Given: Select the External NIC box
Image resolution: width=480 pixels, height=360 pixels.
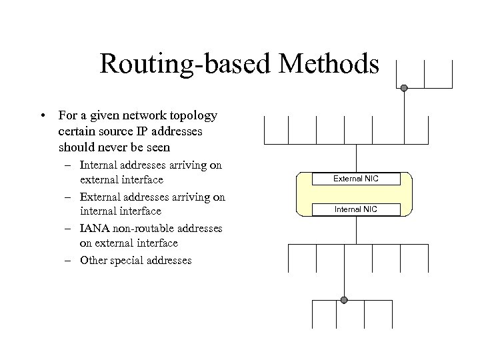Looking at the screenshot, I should (357, 179).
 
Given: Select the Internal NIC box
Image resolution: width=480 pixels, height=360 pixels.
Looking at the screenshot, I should (357, 209).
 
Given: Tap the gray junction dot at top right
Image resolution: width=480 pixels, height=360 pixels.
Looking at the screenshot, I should (404, 87).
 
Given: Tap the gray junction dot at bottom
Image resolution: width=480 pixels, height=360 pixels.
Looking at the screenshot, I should (344, 300).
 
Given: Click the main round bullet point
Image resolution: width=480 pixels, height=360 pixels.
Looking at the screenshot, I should (42, 116).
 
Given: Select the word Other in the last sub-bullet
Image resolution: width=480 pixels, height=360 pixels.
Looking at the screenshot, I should (93, 260).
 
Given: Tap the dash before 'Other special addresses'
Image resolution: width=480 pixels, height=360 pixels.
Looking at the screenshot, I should (69, 261).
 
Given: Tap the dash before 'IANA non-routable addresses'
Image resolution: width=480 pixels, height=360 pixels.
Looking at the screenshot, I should (69, 229).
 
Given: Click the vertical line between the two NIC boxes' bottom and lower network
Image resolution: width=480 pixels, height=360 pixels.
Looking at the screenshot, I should (357, 230).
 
